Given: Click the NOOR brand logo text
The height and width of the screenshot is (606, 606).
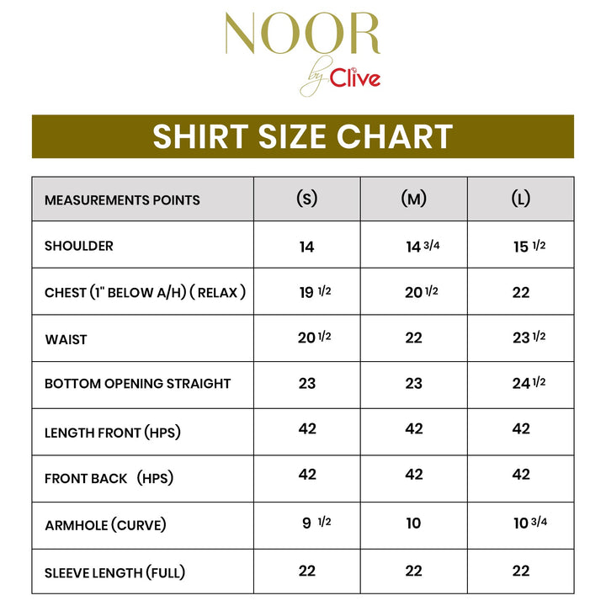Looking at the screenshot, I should [302, 35].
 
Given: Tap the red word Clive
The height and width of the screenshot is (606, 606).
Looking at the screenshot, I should [354, 79].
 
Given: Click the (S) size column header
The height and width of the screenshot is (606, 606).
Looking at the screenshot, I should [307, 199].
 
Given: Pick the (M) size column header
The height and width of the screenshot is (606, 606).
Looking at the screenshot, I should [413, 199].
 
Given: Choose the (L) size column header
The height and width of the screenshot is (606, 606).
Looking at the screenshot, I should [521, 199].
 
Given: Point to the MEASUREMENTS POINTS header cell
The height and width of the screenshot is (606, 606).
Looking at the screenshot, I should [122, 200].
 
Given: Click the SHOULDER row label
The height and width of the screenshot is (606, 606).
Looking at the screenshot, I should [79, 246].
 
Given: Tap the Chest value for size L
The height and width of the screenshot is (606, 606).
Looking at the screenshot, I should [521, 292].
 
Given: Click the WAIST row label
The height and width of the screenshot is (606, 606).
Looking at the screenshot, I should [66, 339].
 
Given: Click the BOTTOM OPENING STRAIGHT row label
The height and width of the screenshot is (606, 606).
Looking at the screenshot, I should [138, 384].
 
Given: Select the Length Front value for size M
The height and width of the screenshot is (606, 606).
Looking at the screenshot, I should [414, 429].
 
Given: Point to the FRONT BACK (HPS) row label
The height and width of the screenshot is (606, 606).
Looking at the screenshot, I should [109, 478].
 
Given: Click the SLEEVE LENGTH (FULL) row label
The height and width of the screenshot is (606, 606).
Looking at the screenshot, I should [115, 573].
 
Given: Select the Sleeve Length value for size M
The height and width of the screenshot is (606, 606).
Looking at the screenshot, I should [414, 571].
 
